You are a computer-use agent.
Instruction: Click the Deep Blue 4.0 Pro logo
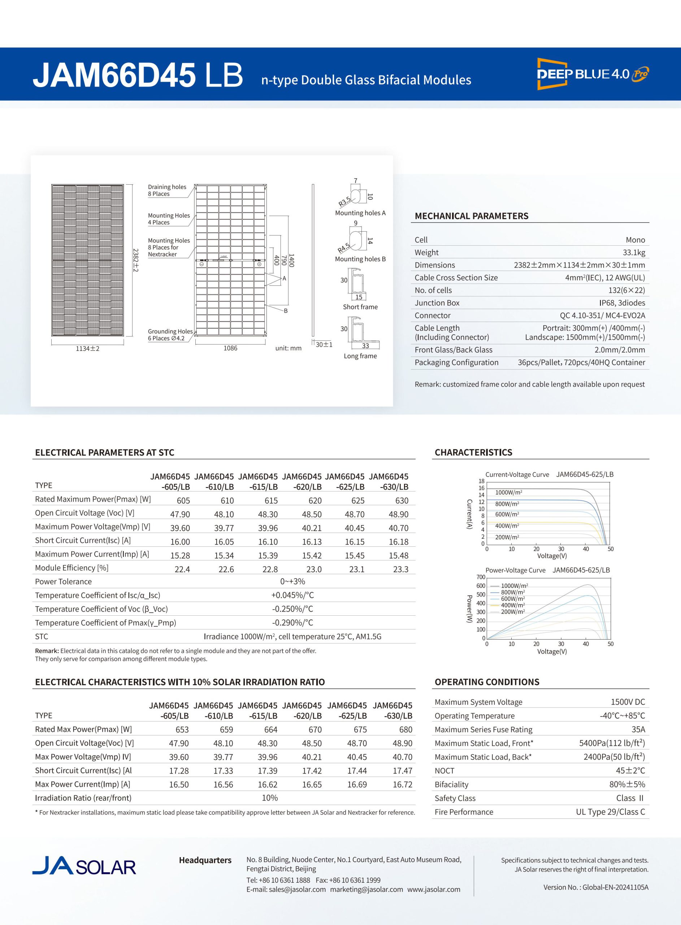(x=593, y=74)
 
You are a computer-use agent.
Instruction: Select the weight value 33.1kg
(x=634, y=252)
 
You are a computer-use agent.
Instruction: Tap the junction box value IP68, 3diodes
(x=622, y=303)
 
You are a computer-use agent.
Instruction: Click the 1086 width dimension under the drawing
(x=230, y=348)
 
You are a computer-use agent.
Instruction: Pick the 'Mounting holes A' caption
(x=360, y=213)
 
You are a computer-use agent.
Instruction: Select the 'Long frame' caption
(x=360, y=356)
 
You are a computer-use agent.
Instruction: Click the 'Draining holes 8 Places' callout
(x=167, y=190)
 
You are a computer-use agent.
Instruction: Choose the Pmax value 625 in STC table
(x=357, y=500)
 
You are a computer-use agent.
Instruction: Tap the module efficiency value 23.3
(x=401, y=569)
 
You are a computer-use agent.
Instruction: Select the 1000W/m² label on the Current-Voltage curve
(x=509, y=492)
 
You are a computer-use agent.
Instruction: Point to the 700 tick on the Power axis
(x=481, y=577)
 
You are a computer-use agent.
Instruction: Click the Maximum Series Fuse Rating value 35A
(x=638, y=730)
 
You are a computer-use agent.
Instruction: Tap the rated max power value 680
(x=405, y=730)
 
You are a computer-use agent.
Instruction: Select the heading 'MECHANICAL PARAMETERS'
(x=471, y=216)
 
